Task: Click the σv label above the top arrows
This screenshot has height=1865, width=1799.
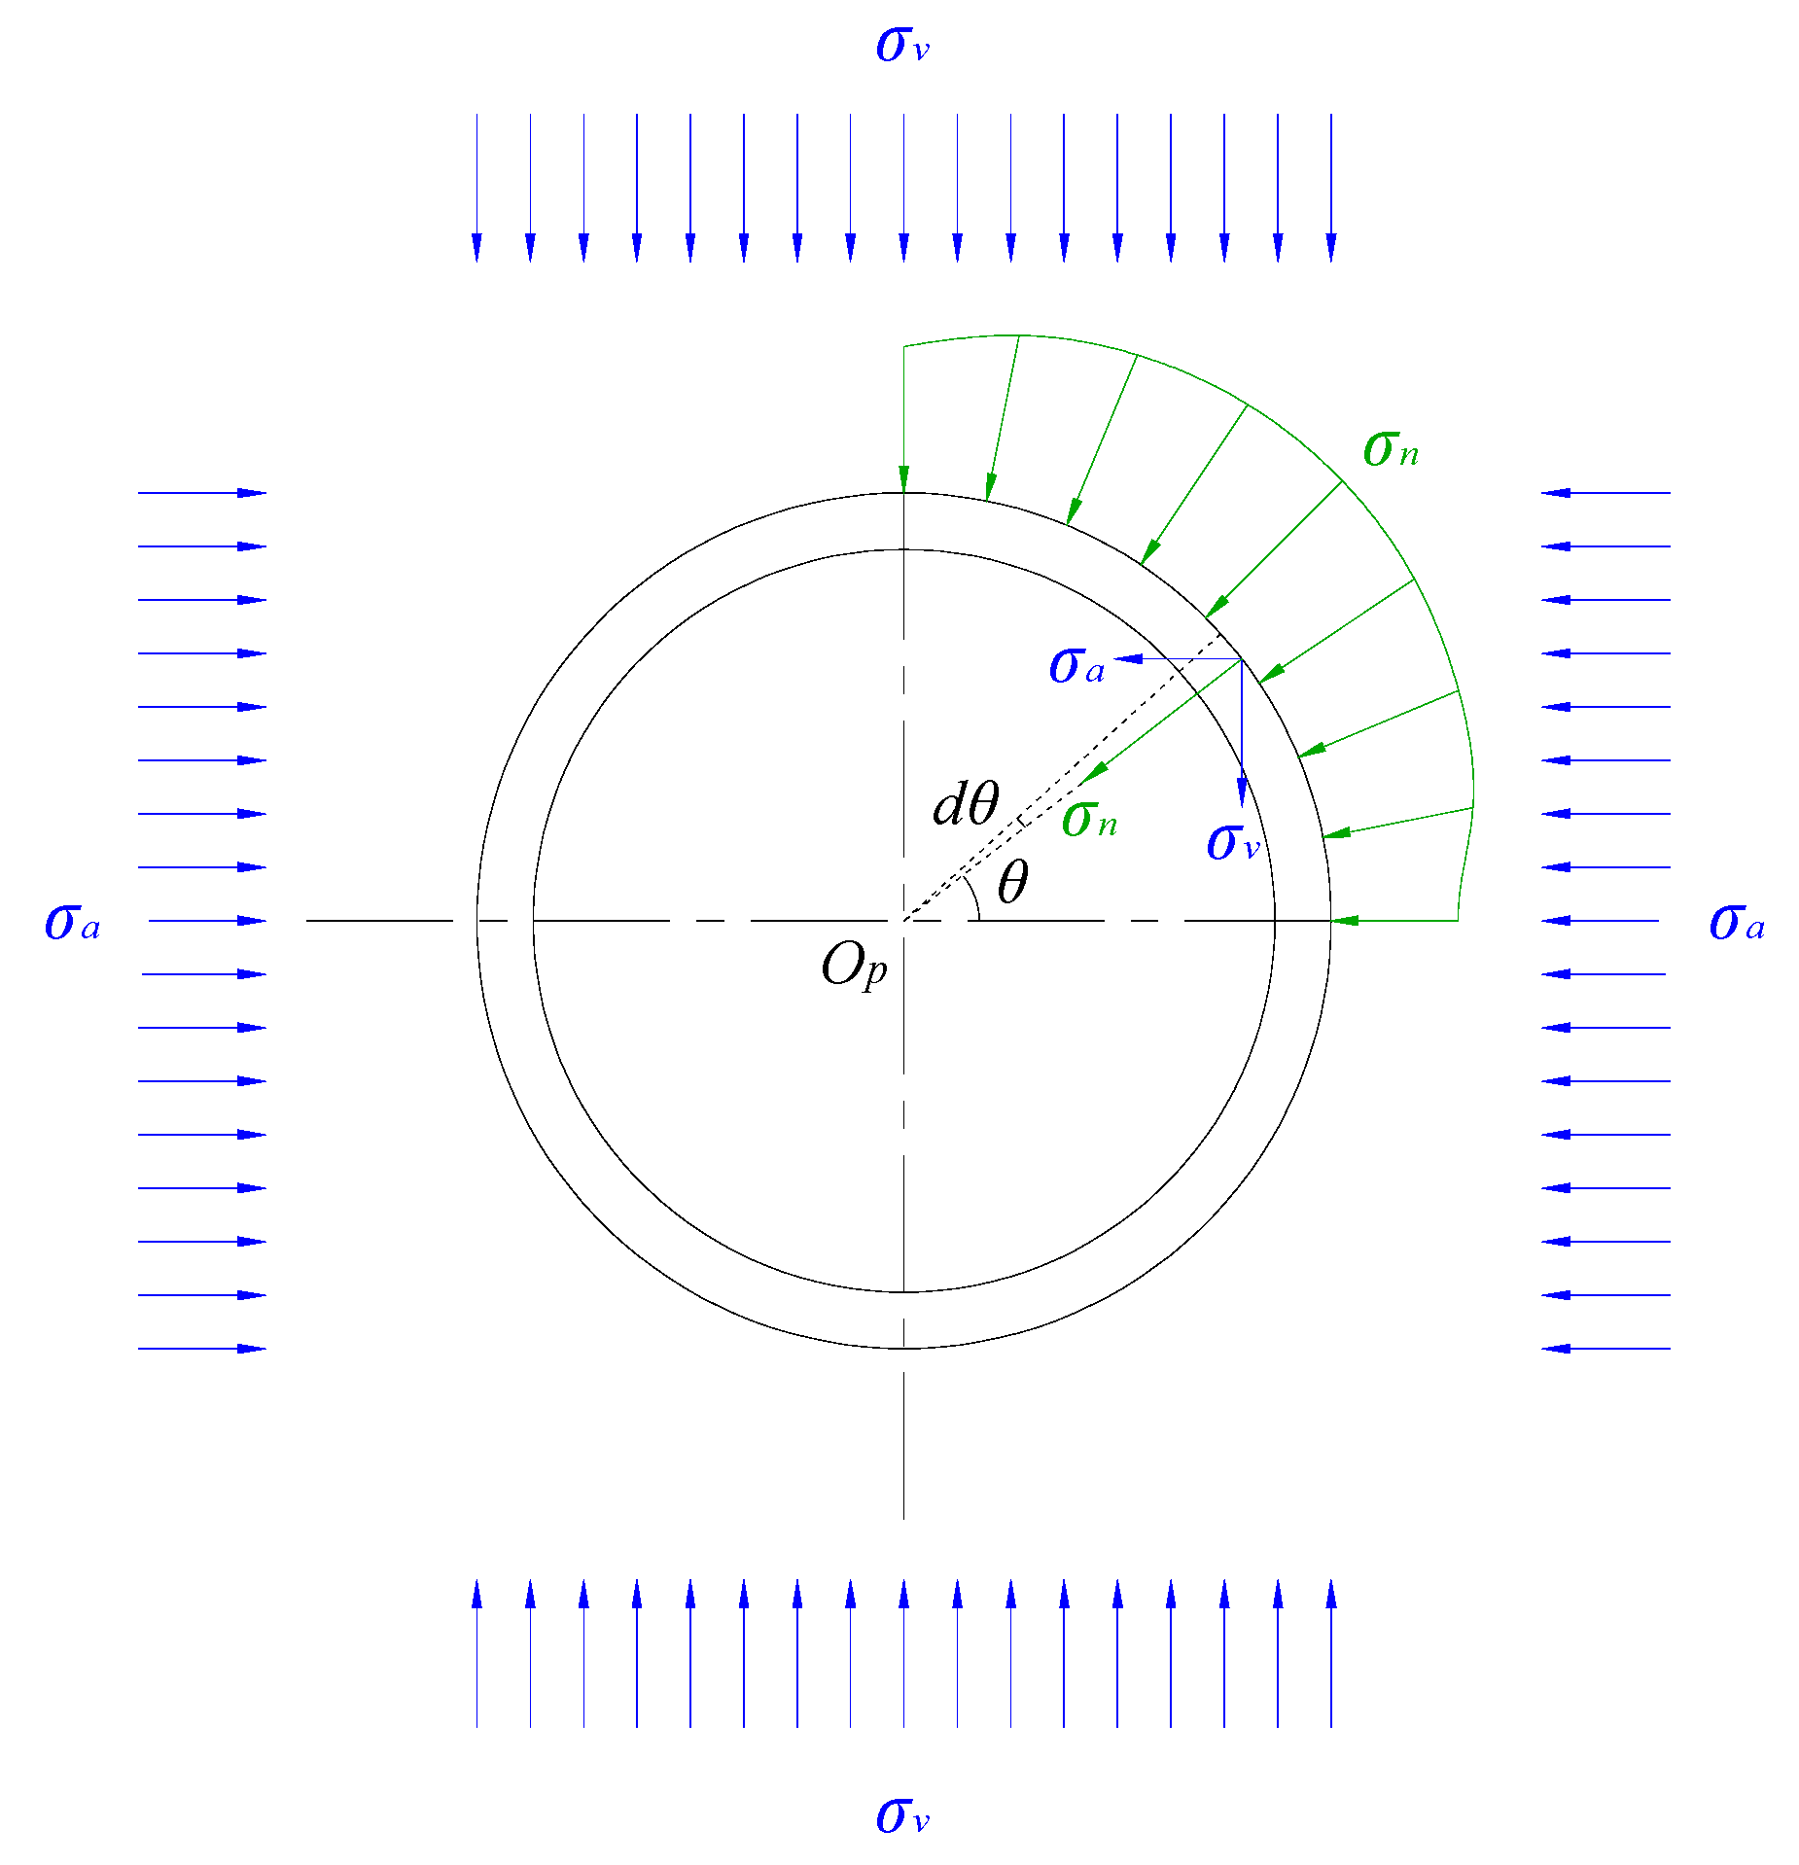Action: pos(901,45)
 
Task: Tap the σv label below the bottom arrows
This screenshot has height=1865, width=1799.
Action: pos(901,1815)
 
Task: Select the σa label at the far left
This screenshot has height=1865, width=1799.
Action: pos(72,922)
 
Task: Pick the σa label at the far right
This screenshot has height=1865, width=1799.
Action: pos(1736,922)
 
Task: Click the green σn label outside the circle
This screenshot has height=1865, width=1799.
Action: pos(1390,449)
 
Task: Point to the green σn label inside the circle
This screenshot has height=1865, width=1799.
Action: pos(1089,820)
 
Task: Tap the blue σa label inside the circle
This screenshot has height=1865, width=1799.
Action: pos(1076,667)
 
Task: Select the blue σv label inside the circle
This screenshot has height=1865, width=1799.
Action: pos(1232,842)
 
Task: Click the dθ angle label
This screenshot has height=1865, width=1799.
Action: pos(965,805)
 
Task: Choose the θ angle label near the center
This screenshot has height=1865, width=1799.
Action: pos(1012,883)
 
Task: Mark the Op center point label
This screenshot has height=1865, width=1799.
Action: pos(854,967)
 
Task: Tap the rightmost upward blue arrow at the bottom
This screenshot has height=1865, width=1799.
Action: pos(1331,1652)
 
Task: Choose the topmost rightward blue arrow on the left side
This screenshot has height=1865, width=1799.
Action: pos(202,493)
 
